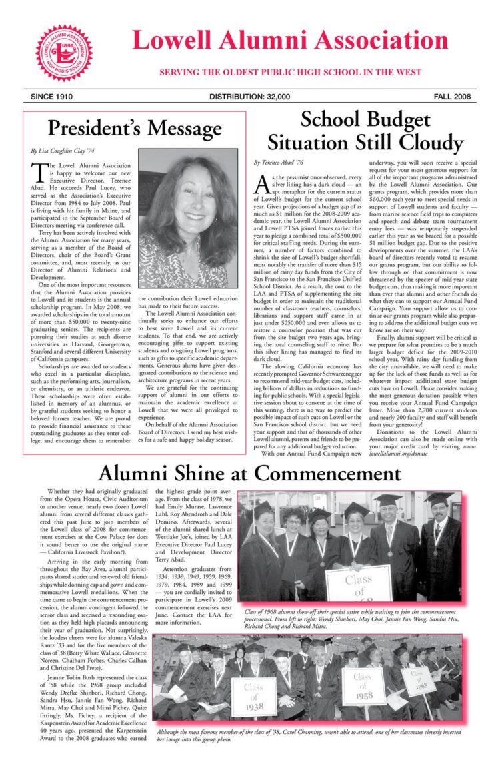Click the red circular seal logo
[x=64, y=53]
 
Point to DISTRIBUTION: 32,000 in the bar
[x=249, y=97]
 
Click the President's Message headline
[x=134, y=127]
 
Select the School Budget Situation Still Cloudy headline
[x=365, y=131]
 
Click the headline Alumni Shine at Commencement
[x=250, y=472]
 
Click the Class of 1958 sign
[x=363, y=687]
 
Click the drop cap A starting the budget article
[x=261, y=183]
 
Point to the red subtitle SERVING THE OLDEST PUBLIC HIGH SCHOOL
[x=290, y=72]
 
